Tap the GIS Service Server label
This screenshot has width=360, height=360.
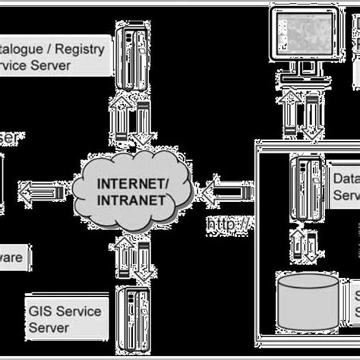pyautogui.click(x=64, y=319)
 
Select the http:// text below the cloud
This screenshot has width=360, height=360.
pyautogui.click(x=229, y=225)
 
